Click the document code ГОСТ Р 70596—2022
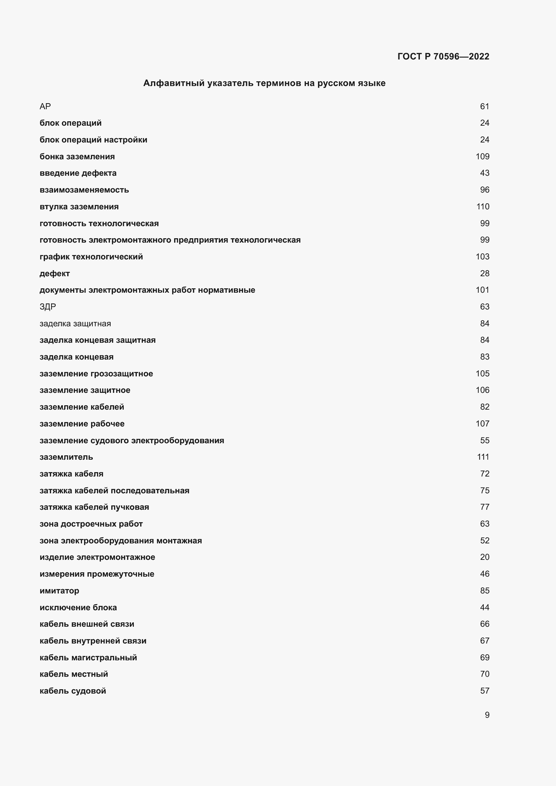pos(443,56)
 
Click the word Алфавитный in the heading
pos(173,83)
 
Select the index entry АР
pos(45,107)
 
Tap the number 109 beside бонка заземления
pos(482,157)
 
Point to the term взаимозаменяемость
pos(84,190)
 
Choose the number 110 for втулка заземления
pos(482,207)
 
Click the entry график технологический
pos(91,257)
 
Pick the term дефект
pos(55,274)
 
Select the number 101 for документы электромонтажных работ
pos(482,290)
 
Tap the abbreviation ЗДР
pos(48,307)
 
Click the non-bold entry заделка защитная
pos(75,324)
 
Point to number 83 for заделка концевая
pos(484,357)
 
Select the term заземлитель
pos(67,457)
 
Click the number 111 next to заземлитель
pos(483,457)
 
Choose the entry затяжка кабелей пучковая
pos(94,507)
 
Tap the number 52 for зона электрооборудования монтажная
pos(484,541)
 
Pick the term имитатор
pos(59,590)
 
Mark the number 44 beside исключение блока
pos(484,607)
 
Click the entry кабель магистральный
pos(88,657)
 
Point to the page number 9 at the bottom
pos(487,715)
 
